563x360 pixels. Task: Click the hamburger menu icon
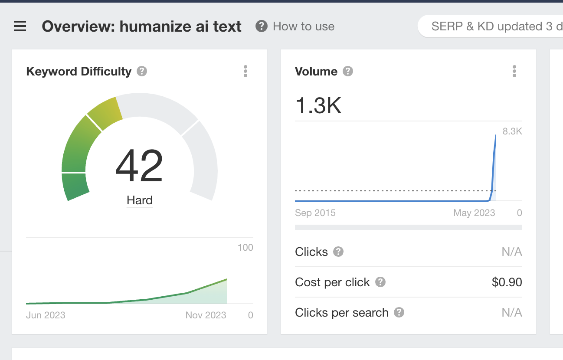coord(20,27)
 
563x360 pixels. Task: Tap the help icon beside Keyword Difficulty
coord(142,71)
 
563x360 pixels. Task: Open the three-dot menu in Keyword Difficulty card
coord(245,71)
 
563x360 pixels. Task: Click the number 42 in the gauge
coord(139,167)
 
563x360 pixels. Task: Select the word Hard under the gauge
coord(140,200)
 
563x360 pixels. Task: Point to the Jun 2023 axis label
coord(46,315)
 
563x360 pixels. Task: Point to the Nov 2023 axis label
coord(206,315)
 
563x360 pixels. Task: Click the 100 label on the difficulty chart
coord(245,248)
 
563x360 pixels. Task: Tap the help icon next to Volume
coord(348,71)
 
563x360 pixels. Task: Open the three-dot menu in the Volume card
coord(514,71)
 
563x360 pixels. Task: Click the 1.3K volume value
coord(318,105)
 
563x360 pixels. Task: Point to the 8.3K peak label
coord(512,131)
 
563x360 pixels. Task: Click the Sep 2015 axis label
coord(315,213)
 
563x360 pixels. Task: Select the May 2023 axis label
coord(474,213)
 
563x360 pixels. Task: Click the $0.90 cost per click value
coord(507,282)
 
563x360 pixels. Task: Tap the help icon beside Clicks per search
coord(399,312)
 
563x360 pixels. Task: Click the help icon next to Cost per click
coord(380,282)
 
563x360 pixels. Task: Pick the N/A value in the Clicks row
coord(512,252)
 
